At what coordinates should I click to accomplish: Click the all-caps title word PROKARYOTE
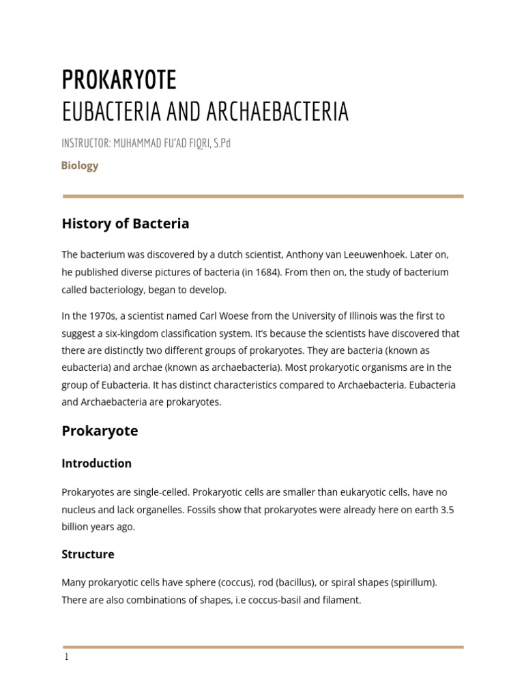(x=119, y=80)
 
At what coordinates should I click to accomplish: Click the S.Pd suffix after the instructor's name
(x=221, y=144)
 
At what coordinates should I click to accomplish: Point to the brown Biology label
(x=80, y=166)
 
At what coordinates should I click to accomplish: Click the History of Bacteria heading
(x=126, y=224)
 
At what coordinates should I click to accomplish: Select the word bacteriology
(x=117, y=290)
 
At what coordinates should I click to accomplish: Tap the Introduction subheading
(x=96, y=464)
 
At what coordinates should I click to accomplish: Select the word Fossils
(x=203, y=509)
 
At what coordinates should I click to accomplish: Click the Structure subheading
(x=88, y=554)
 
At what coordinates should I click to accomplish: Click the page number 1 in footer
(x=66, y=658)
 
